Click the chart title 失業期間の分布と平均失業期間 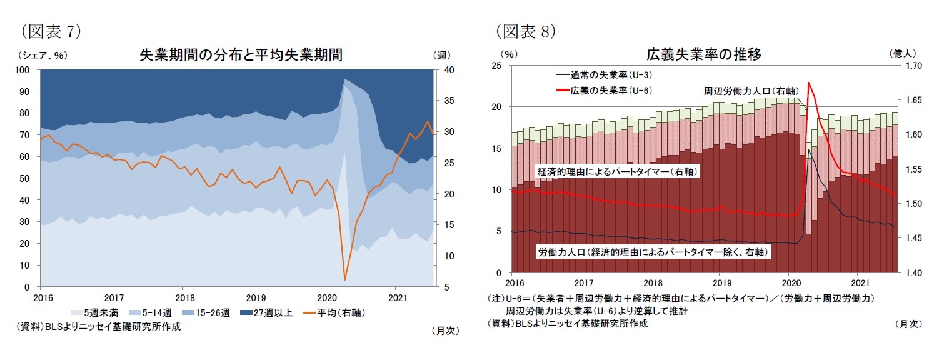(241, 54)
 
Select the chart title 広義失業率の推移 (703, 54)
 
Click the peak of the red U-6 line (809, 82)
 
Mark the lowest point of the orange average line (344, 279)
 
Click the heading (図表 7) (51, 31)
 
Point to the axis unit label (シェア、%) (43, 55)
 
